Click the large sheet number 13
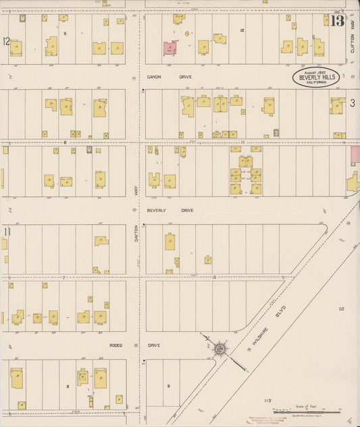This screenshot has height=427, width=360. click(337, 21)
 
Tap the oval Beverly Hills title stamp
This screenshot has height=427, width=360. click(315, 78)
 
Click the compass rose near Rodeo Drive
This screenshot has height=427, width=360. click(220, 349)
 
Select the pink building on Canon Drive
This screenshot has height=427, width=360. click(170, 48)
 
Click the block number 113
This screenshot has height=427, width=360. click(267, 401)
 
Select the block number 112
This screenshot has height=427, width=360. click(341, 308)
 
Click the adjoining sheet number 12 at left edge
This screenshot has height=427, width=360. click(6, 41)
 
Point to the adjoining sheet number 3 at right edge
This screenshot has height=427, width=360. click(353, 103)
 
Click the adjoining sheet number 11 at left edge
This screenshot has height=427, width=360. click(6, 232)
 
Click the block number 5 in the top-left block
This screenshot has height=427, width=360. click(65, 33)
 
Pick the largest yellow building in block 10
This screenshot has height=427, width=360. click(170, 242)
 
